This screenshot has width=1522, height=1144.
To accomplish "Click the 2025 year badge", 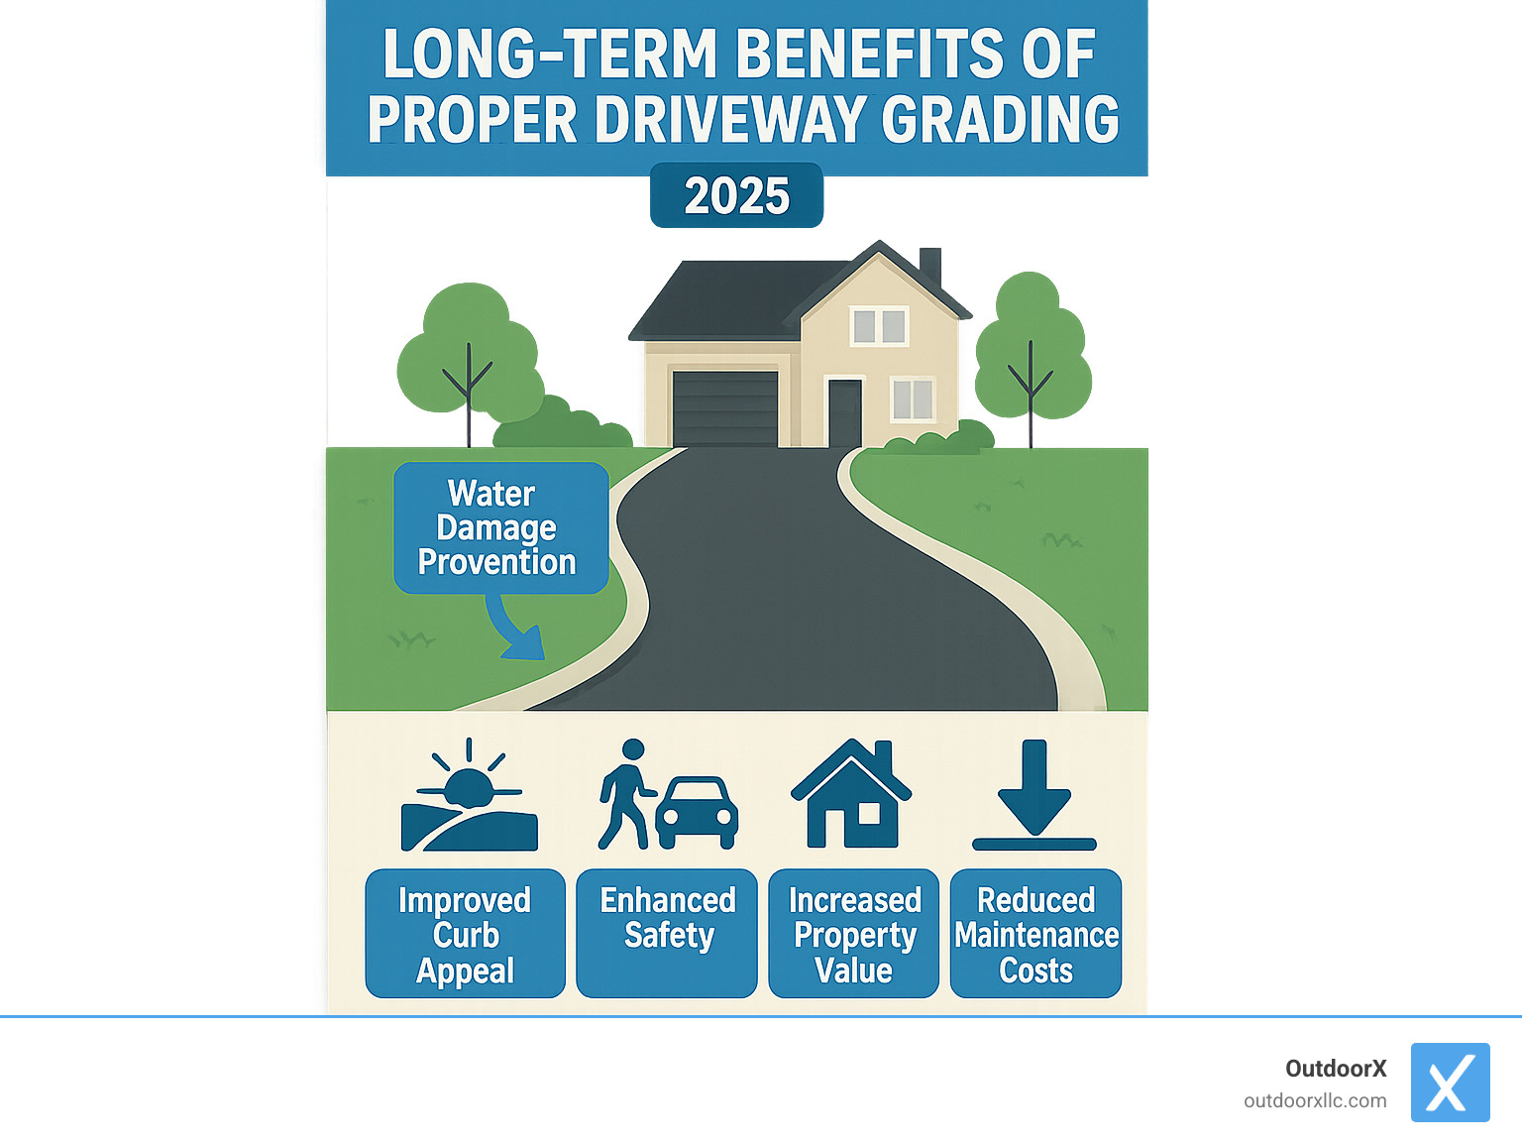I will coord(736,195).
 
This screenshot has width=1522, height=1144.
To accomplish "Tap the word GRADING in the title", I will coord(1000,120).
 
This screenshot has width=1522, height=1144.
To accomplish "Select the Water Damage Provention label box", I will coord(500,527).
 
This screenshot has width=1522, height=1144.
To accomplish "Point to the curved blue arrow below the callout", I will coord(515,630).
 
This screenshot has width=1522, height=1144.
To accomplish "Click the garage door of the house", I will coord(725,408).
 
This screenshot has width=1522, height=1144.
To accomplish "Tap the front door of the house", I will coord(845,412).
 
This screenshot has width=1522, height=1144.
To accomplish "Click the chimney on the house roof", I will coord(929,265).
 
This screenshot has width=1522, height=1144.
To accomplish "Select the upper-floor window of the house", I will coord(879,326).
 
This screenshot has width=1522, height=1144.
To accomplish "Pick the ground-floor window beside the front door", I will coord(912,400).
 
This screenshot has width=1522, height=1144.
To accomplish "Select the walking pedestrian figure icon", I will coord(624,793).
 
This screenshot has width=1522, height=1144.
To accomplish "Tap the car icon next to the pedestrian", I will coord(698,812).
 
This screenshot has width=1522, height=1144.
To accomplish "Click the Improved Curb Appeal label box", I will coord(465,934).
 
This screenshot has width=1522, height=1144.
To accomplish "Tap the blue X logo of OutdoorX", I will coord(1450,1082).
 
